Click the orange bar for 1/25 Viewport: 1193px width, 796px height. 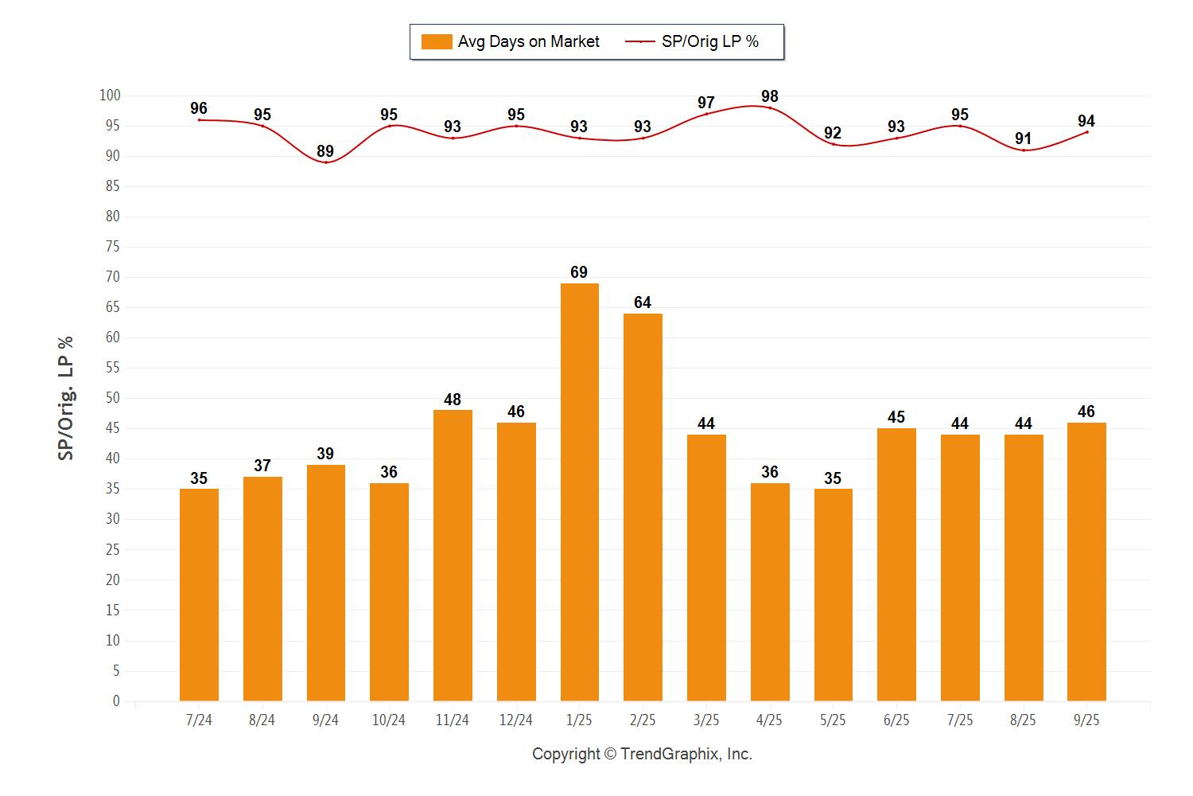pyautogui.click(x=579, y=492)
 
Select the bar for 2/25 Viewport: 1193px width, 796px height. pyautogui.click(x=643, y=507)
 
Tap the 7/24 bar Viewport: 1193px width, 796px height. pyautogui.click(x=199, y=595)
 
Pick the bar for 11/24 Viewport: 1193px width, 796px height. pyautogui.click(x=453, y=556)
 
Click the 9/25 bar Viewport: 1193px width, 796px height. pyautogui.click(x=1086, y=561)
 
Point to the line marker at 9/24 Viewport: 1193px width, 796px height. pyautogui.click(x=325, y=162)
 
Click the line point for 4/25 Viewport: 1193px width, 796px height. pyautogui.click(x=769, y=108)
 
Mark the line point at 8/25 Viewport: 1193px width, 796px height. pyautogui.click(x=1023, y=150)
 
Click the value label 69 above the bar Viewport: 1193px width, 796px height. pyautogui.click(x=579, y=272)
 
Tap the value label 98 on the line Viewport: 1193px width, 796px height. pyautogui.click(x=769, y=96)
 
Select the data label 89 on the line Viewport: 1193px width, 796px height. pyautogui.click(x=325, y=151)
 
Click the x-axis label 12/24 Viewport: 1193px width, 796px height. pyautogui.click(x=515, y=720)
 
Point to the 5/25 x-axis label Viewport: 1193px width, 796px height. pyautogui.click(x=833, y=720)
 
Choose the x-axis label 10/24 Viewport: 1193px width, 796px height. pyautogui.click(x=389, y=720)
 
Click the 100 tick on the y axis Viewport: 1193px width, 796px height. pyautogui.click(x=110, y=96)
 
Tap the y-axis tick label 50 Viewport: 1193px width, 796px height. pyautogui.click(x=112, y=398)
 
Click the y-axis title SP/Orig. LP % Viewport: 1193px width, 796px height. pyautogui.click(x=66, y=398)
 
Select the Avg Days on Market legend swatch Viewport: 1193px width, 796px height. pyautogui.click(x=437, y=41)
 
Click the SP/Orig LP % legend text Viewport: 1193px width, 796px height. pyautogui.click(x=709, y=41)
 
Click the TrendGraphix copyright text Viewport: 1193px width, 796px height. pyautogui.click(x=642, y=754)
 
